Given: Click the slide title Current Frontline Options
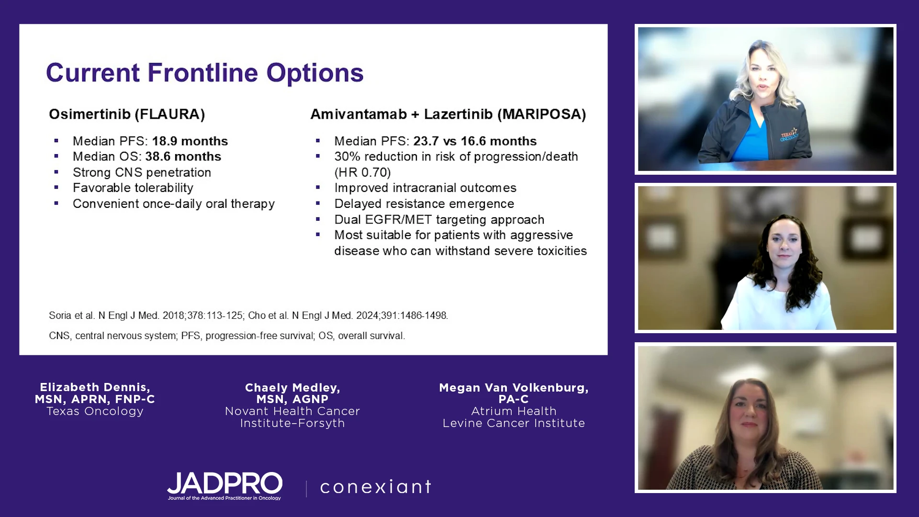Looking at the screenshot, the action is [204, 73].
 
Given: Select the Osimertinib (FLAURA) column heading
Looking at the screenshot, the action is [127, 114].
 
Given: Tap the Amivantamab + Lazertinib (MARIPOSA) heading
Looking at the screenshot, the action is [448, 114].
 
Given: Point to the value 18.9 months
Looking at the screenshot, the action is [190, 141].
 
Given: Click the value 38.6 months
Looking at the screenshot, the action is [183, 157].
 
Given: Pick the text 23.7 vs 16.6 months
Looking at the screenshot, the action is [475, 141].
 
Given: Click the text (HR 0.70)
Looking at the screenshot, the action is [362, 172].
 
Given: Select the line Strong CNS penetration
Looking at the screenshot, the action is [142, 172].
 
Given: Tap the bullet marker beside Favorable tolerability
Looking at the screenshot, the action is [56, 188].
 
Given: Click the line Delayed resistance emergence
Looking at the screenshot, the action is [424, 204].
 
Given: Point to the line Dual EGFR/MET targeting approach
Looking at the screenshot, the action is [439, 220].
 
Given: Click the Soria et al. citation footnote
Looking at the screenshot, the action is [248, 315].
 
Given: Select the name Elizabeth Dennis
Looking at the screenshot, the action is [95, 387].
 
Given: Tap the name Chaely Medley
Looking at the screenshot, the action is [292, 388].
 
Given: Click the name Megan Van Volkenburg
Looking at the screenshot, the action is [514, 388].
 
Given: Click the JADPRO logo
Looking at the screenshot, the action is [225, 486].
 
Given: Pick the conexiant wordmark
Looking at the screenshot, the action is [376, 487].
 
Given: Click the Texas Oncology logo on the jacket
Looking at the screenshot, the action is [789, 135].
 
